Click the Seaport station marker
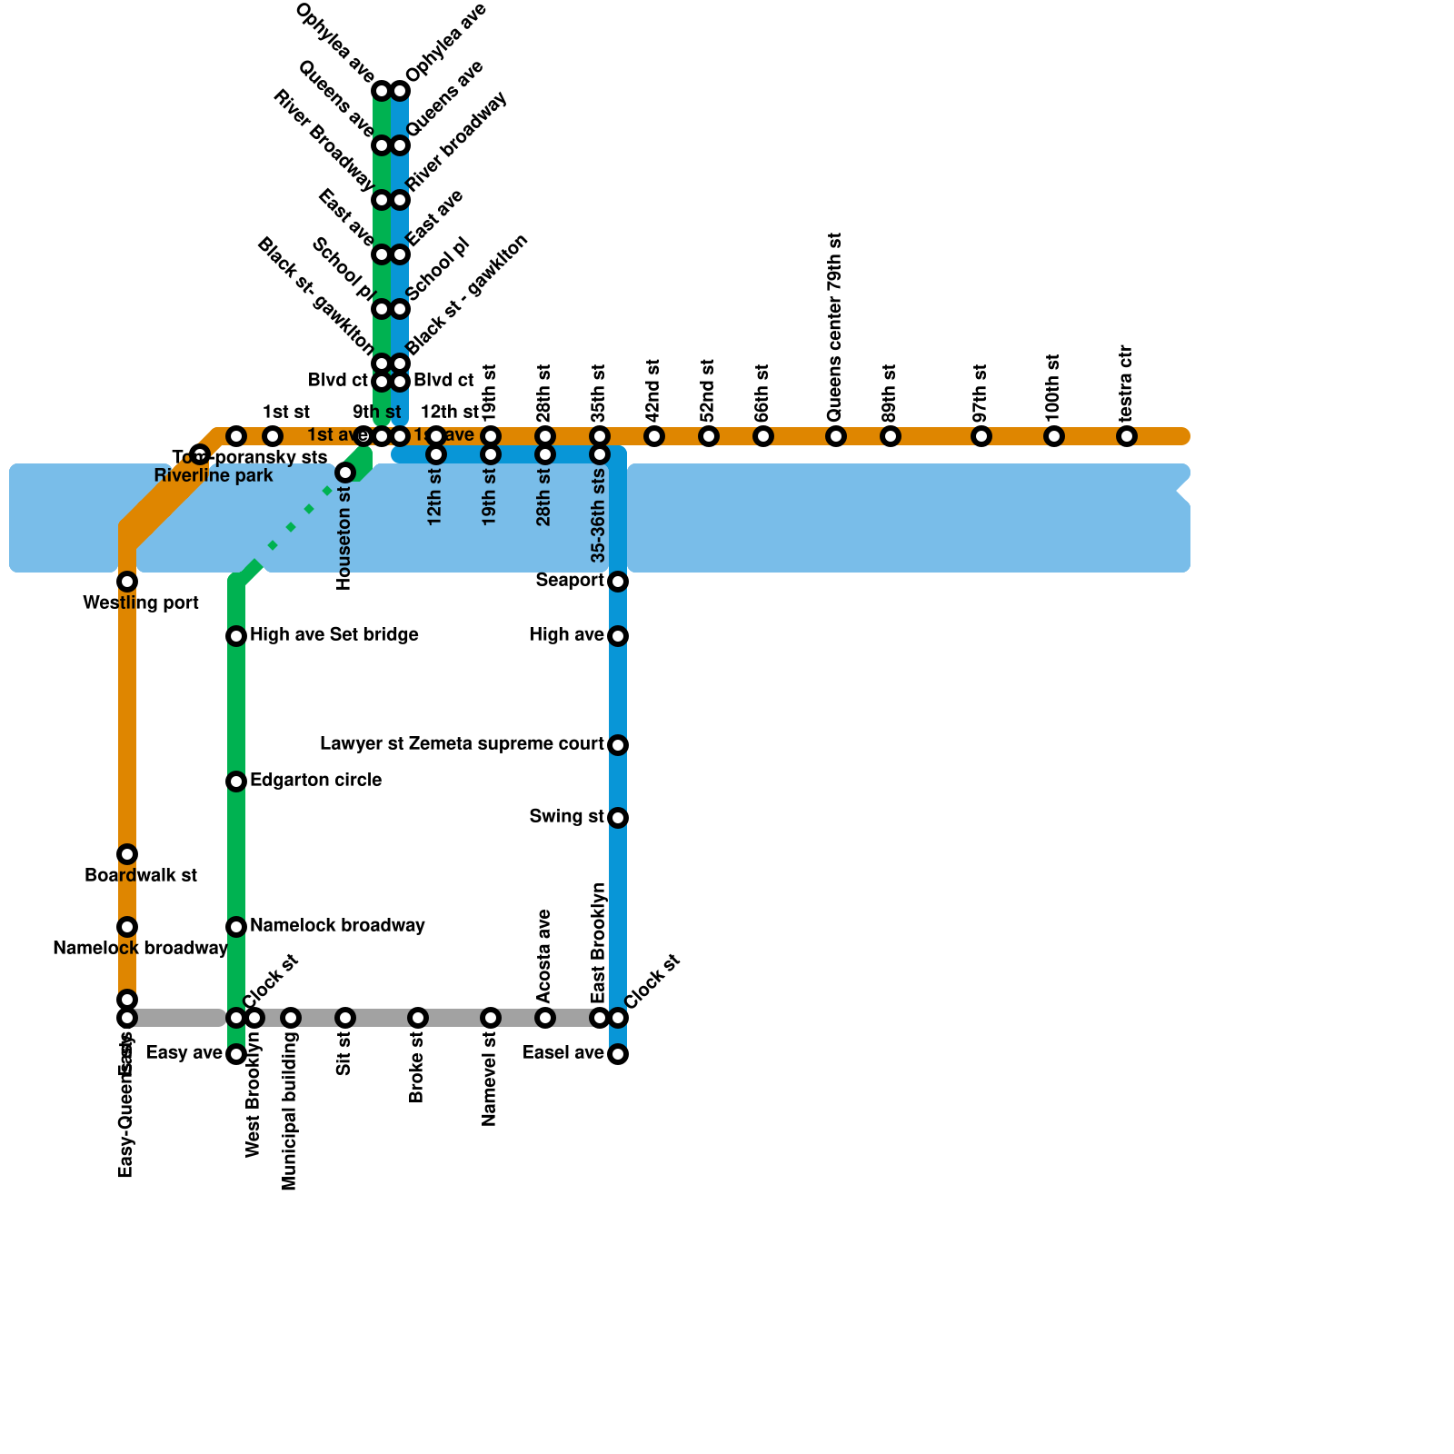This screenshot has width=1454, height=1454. point(618,582)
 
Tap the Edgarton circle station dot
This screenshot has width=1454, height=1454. point(236,782)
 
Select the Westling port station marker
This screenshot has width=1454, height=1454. point(127,582)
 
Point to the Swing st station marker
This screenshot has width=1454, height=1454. point(618,818)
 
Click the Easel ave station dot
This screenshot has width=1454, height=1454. point(618,1054)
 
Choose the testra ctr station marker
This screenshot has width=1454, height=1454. point(1127,436)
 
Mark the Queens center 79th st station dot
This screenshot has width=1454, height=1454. point(836,436)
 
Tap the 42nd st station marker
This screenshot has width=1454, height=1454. point(654,436)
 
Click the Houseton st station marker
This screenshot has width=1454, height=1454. point(345,473)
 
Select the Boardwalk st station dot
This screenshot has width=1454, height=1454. point(127,854)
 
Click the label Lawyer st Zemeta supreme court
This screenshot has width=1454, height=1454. point(462,744)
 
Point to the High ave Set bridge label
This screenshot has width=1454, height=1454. point(334,635)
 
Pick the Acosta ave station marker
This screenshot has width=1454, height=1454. point(545,1018)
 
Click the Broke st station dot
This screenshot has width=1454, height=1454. point(418,1018)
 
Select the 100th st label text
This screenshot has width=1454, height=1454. point(1053,387)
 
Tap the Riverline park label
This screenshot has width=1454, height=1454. point(213,476)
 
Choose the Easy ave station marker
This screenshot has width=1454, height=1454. point(236,1054)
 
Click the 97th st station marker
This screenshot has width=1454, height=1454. point(981,436)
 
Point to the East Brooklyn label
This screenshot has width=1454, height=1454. point(598,943)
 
